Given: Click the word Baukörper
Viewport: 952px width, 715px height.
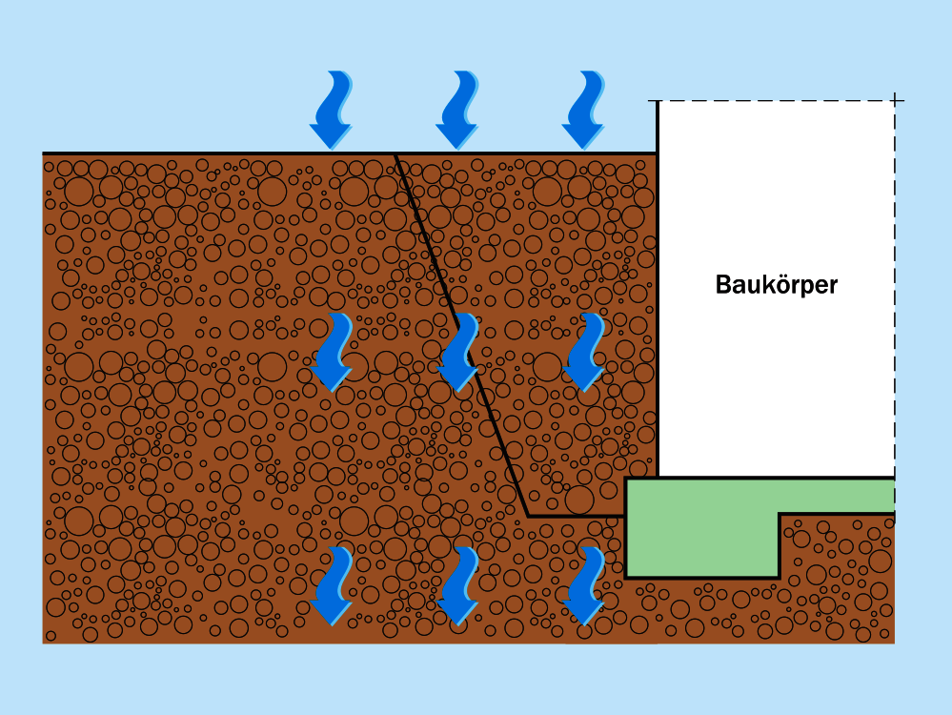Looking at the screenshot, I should [776, 284].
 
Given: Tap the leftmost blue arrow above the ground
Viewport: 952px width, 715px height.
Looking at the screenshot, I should [332, 111].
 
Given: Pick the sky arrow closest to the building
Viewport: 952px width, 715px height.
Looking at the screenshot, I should [583, 111].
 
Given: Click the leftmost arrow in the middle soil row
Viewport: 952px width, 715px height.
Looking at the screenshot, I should [332, 352].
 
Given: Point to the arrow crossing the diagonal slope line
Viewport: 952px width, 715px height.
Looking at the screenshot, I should [458, 352].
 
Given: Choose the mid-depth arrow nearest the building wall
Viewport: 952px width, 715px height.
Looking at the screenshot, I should [583, 352].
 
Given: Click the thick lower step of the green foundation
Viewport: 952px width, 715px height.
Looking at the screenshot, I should [701, 544].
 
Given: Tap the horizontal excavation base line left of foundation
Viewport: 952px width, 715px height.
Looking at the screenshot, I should [577, 516].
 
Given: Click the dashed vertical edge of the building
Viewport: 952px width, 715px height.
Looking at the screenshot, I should [895, 286].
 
